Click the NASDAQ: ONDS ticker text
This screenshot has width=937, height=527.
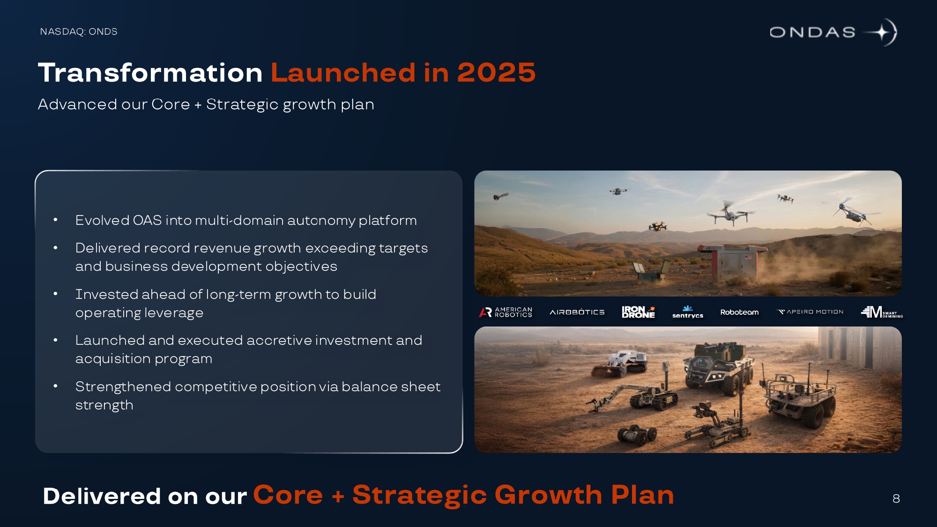79,31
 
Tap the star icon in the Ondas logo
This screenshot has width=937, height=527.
881,32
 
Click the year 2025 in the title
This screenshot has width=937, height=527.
496,73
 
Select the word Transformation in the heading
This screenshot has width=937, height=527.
150,73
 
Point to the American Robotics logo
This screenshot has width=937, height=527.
506,312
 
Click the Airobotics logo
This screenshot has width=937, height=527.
577,312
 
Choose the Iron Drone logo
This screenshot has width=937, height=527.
638,312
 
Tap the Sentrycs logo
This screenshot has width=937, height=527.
688,312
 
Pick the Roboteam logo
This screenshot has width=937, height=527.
739,312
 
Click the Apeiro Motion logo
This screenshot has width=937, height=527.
810,312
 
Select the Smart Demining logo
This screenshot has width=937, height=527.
882,312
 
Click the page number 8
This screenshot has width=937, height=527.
896,498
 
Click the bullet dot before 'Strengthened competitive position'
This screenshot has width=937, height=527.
55,386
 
